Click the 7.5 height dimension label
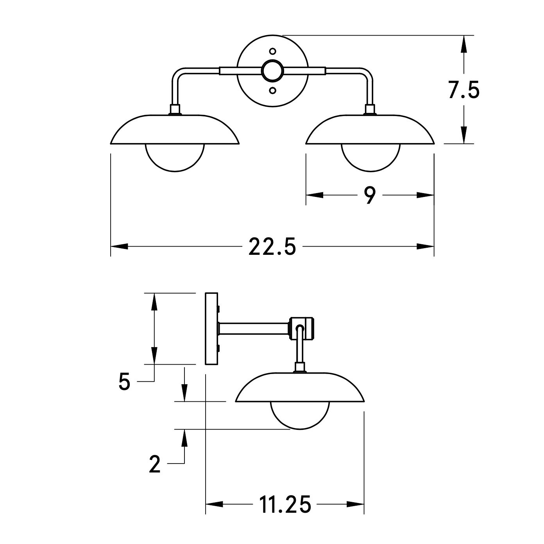(x=464, y=90)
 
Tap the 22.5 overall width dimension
(x=272, y=247)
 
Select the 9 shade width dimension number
(x=370, y=195)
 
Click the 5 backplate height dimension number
(x=125, y=381)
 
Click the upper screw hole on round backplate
(x=272, y=51)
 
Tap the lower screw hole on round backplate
(x=272, y=90)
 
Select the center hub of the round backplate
(x=272, y=71)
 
